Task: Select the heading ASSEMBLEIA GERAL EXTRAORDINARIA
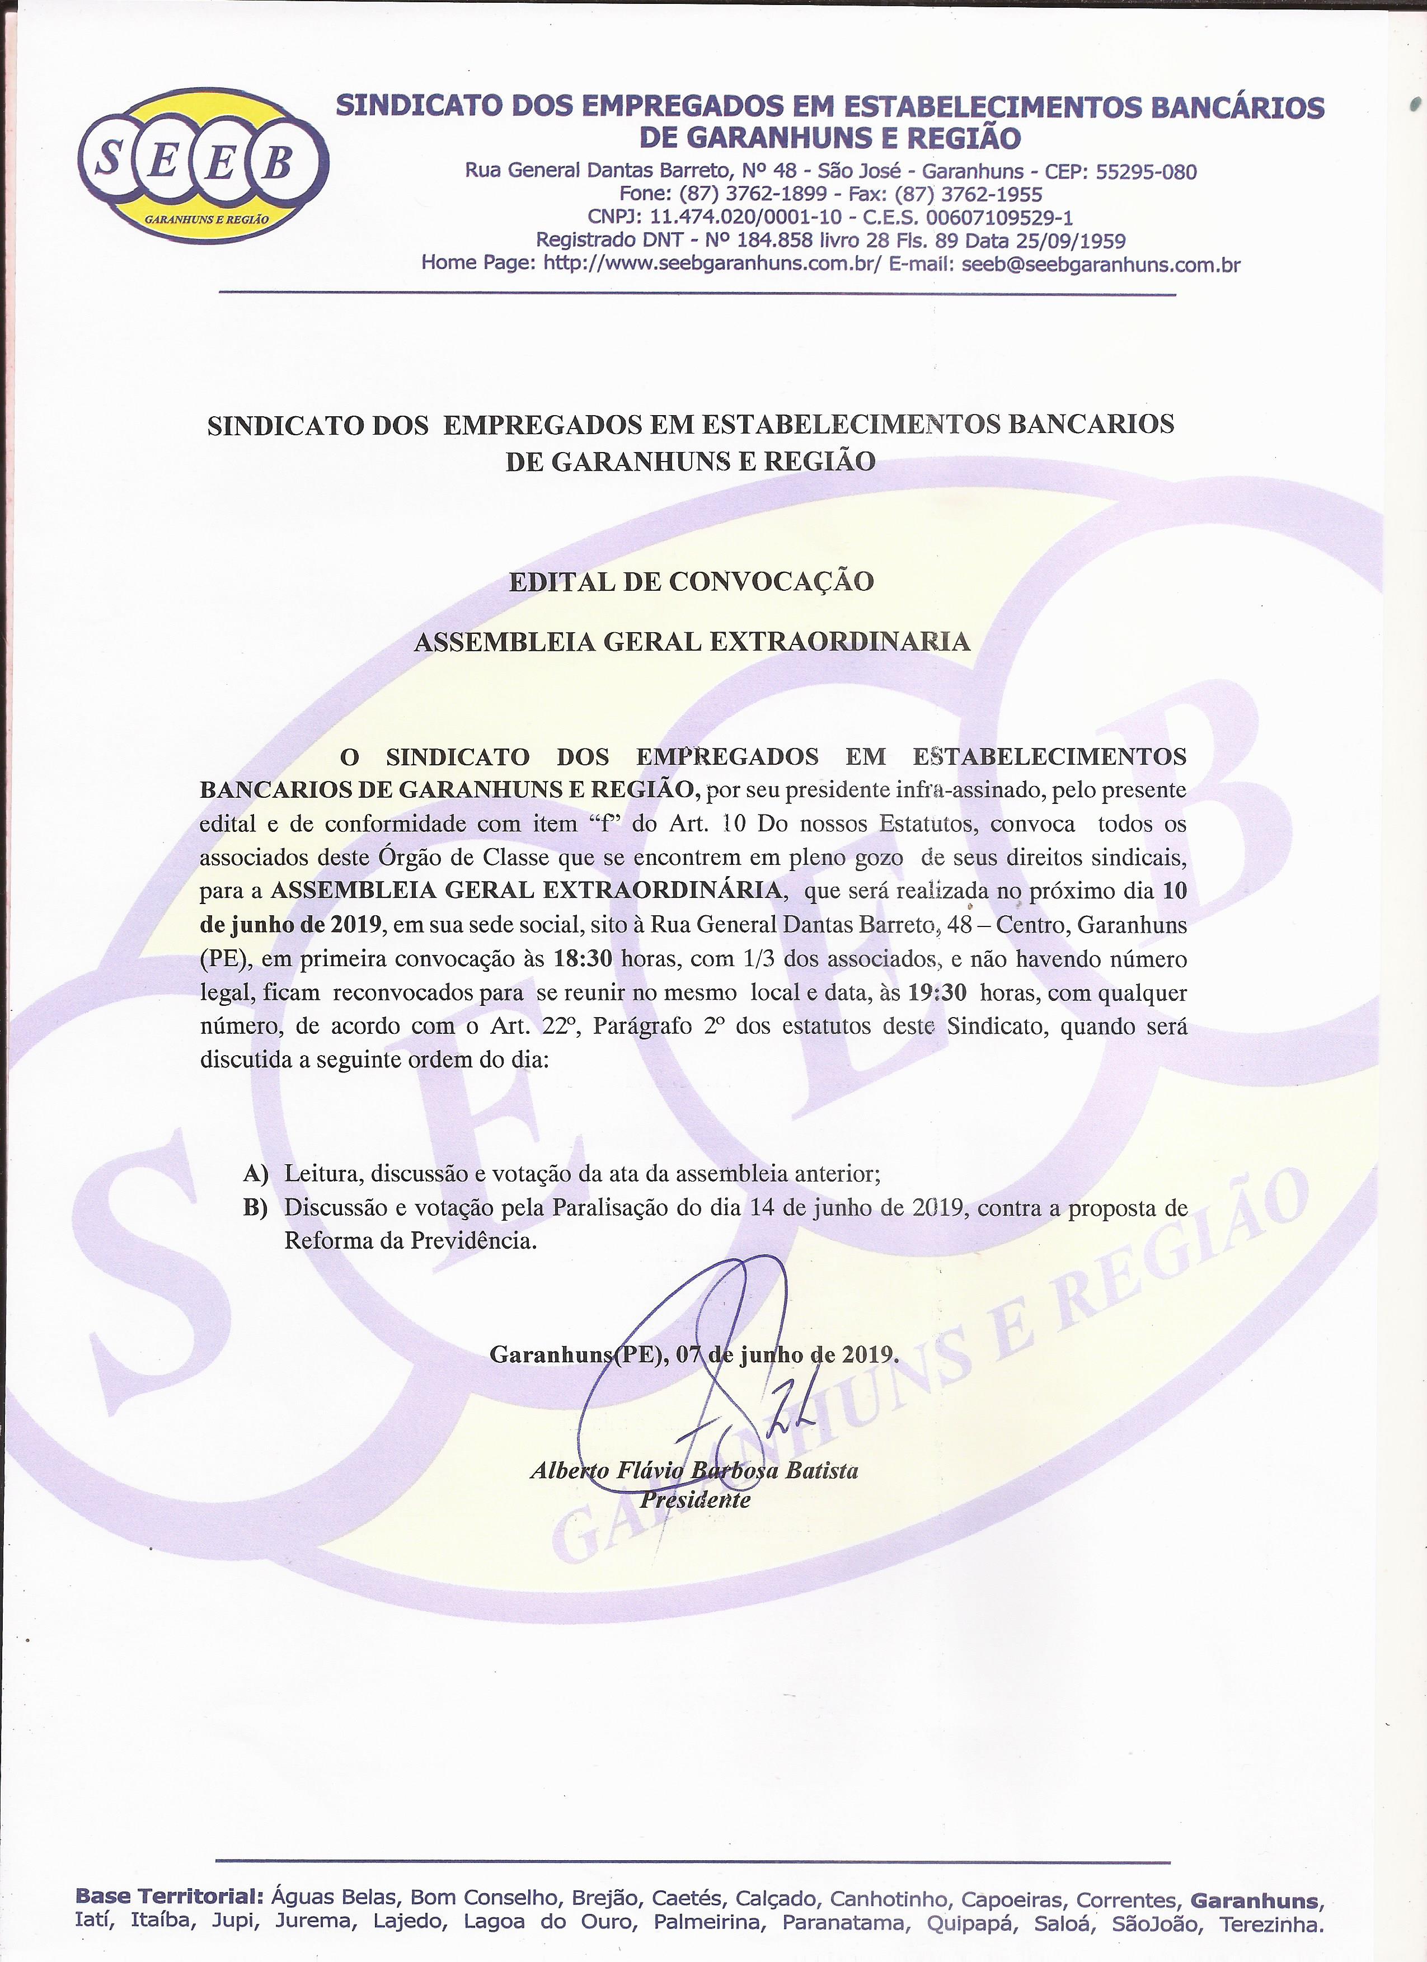(692, 642)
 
